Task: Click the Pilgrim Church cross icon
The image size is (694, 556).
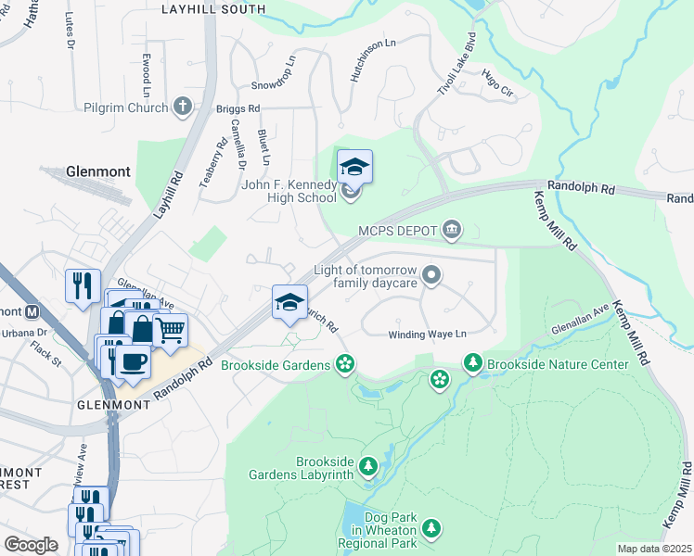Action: point(182,107)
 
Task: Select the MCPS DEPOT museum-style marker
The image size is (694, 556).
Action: point(452,229)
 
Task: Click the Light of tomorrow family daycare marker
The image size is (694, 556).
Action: point(431,274)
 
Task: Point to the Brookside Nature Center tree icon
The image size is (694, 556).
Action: point(473,364)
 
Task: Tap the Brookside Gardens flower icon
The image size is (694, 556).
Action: point(345,364)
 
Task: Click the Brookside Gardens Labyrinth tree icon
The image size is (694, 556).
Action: point(368,466)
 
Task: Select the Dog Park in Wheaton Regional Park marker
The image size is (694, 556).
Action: point(431,528)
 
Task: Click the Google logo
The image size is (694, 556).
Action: point(31,545)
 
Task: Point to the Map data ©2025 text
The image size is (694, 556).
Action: point(653,549)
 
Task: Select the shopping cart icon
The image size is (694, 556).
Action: point(170,329)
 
